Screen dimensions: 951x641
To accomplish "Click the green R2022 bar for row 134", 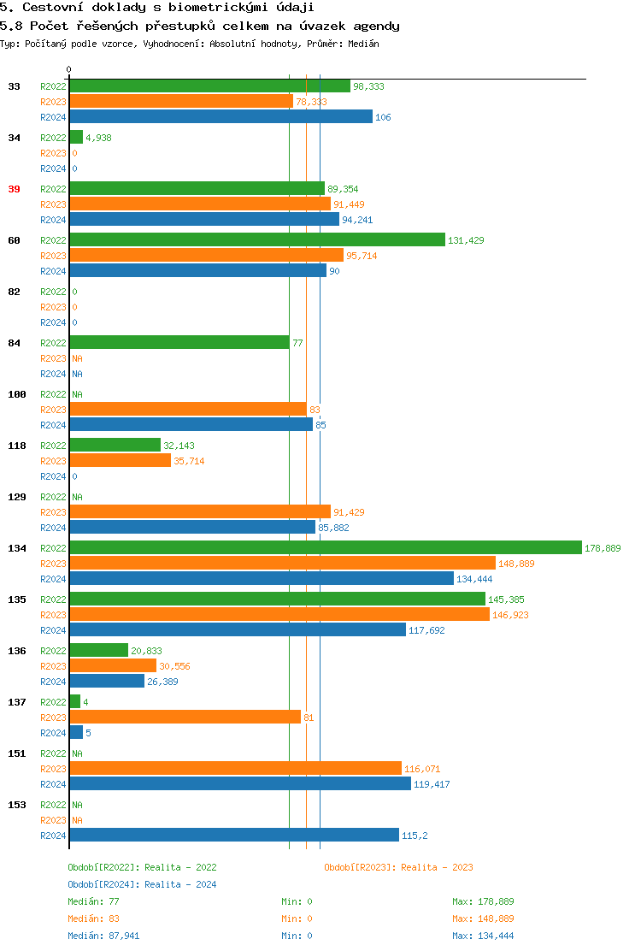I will (325, 548).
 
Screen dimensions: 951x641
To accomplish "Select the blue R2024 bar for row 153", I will (233, 836).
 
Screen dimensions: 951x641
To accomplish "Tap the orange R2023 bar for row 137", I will (185, 718).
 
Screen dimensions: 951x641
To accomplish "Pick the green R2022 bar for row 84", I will (179, 343).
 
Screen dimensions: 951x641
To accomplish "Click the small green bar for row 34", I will (76, 138).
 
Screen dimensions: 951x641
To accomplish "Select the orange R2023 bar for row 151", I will (235, 769).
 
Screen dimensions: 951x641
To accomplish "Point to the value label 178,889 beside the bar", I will (603, 548).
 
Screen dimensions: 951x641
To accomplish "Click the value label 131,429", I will (466, 240).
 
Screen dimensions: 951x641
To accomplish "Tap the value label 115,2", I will (415, 836).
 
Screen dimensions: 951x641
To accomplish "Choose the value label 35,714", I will (189, 461).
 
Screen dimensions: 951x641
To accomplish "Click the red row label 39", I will (15, 189).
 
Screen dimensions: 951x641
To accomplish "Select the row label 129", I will (17, 497).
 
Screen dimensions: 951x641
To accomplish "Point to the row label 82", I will (15, 292).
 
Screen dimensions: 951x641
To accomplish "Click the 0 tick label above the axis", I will (69, 69).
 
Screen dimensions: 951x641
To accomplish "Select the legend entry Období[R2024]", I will (104, 884).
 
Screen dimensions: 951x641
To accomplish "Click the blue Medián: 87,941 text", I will (103, 936).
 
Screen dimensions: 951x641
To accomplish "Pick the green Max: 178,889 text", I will (483, 901).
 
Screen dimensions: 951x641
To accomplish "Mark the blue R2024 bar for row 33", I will (221, 117).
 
